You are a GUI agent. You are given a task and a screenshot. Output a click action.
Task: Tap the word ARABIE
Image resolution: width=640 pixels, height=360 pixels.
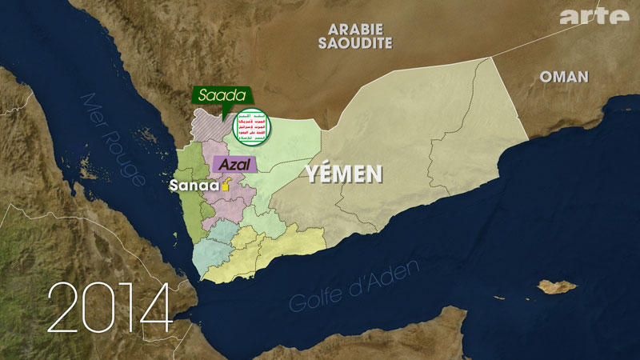(x=354, y=29)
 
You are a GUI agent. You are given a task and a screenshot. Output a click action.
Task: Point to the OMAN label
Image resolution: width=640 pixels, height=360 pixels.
(x=564, y=77)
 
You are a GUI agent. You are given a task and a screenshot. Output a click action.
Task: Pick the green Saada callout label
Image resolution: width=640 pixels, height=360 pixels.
(x=222, y=95)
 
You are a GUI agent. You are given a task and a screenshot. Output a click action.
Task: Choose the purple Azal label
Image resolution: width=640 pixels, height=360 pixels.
(x=234, y=165)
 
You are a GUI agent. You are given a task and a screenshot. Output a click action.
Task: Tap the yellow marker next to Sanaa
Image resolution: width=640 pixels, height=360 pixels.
(x=226, y=185)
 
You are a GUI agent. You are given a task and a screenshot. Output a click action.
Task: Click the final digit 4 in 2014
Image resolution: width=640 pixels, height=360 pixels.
(x=155, y=307)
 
